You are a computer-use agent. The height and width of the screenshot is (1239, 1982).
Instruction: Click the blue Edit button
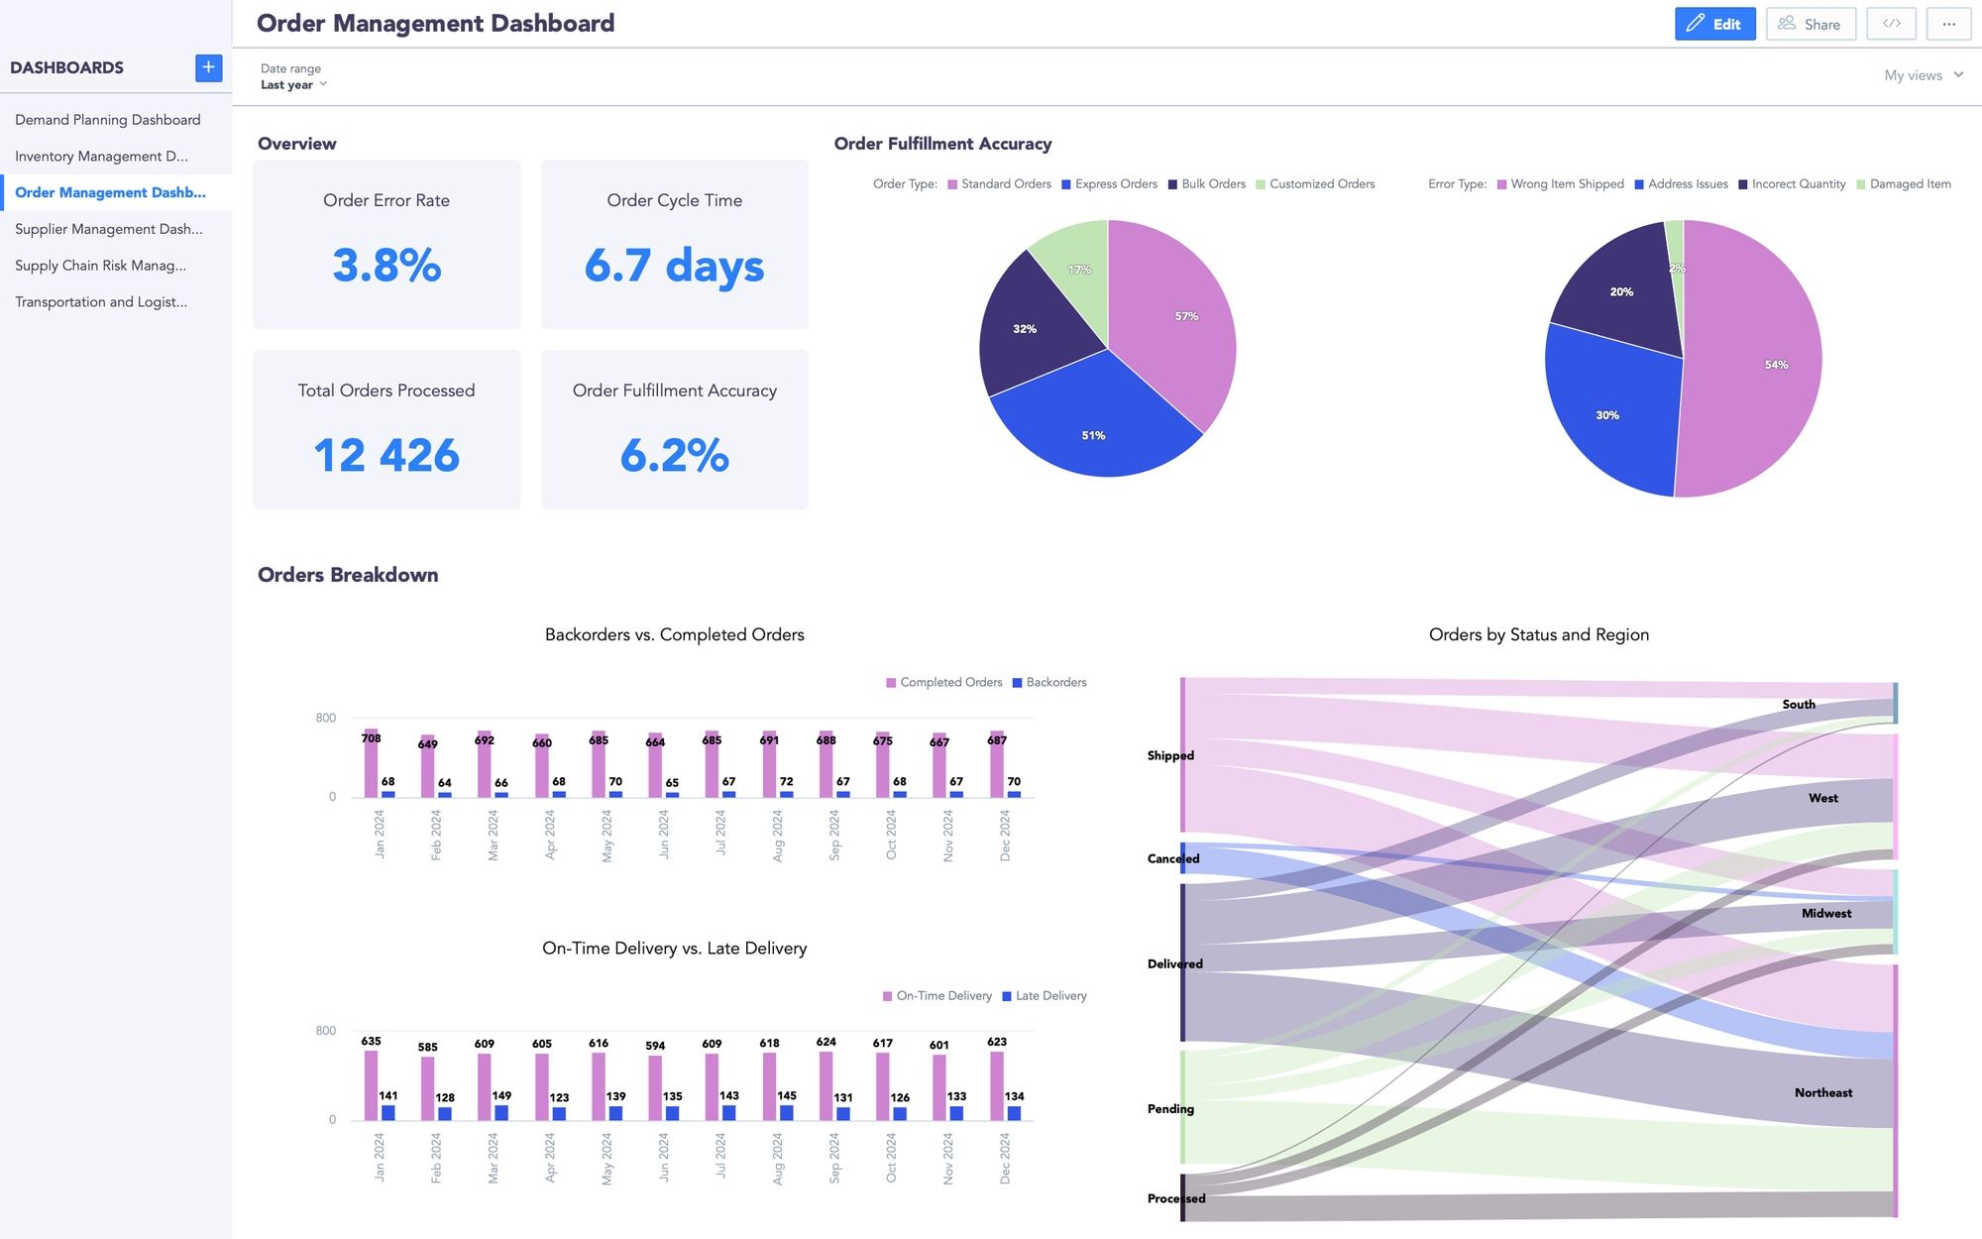tap(1714, 24)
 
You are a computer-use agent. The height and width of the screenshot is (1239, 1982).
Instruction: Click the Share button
tap(1810, 24)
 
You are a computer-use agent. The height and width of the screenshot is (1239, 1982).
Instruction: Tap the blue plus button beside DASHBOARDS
tap(208, 67)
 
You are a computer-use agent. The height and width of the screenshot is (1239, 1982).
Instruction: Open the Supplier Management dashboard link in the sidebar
tap(109, 229)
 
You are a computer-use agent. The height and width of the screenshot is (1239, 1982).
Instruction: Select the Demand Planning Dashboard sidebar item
tap(108, 120)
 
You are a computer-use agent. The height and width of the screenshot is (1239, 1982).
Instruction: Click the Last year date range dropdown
tap(293, 85)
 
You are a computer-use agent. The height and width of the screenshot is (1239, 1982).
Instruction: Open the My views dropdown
tap(1923, 75)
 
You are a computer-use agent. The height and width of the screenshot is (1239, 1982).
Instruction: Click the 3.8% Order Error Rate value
tap(386, 266)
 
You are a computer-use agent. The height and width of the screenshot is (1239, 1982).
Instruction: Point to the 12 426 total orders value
tap(386, 456)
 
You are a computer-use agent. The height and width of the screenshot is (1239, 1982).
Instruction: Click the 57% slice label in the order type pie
tap(1186, 316)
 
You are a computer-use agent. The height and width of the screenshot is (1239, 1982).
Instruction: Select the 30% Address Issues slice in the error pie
tap(1607, 415)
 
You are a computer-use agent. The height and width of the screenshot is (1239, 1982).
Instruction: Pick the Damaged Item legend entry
tap(1909, 184)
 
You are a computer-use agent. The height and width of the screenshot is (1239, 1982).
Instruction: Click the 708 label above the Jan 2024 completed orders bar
tap(371, 738)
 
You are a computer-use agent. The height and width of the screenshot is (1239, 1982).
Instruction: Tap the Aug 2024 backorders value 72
tap(786, 782)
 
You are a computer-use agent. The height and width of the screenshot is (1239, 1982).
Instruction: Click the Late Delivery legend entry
tap(1049, 996)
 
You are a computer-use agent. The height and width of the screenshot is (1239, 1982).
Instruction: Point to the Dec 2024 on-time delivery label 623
tap(997, 1042)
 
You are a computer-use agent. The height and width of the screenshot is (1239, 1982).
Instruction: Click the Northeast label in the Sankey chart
tap(1822, 1092)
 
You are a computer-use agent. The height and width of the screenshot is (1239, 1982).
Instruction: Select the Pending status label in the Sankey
tap(1170, 1109)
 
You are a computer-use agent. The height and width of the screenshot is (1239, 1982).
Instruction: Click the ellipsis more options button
tap(1948, 24)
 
